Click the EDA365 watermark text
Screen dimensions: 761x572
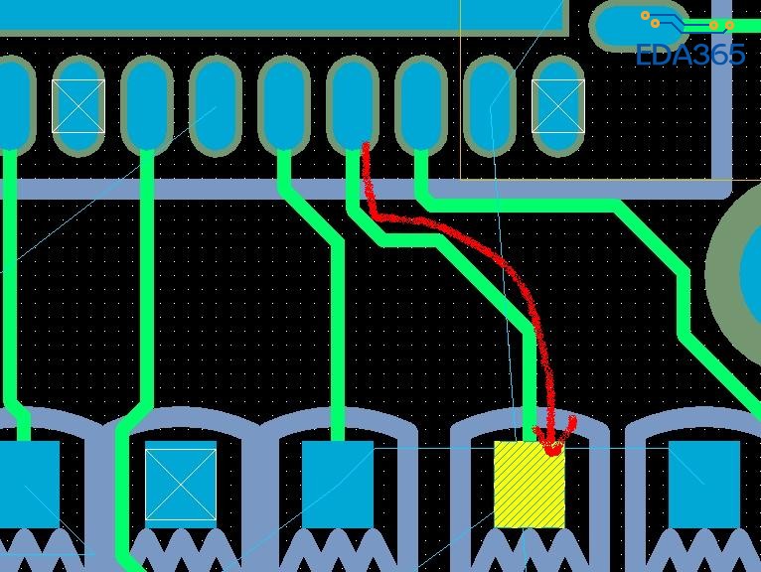coord(690,55)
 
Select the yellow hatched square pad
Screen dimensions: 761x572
coord(530,485)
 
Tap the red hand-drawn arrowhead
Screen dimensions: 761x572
coord(553,438)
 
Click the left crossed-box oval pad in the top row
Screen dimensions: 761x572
coord(78,106)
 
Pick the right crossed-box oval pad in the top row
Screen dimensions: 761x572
coord(558,106)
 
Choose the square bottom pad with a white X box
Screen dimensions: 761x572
coord(181,485)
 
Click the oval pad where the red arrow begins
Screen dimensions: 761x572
coord(353,103)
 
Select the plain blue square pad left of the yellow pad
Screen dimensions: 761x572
coord(338,485)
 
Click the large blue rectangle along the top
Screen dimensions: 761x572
coord(281,15)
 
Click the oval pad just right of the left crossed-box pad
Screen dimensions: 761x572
coord(147,103)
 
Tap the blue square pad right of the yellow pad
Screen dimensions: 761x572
coord(704,485)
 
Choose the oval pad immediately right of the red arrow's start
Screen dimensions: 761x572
coord(421,103)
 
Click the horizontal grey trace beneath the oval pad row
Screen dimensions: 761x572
coord(364,189)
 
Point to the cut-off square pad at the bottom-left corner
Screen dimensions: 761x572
coord(29,485)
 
